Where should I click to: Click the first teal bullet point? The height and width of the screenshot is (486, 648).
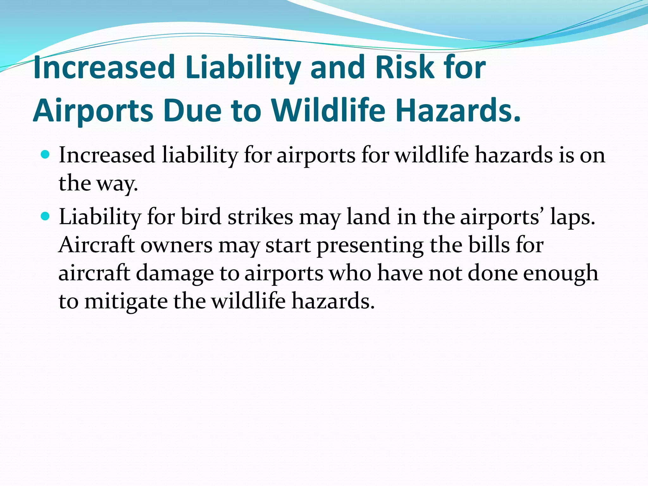pos(46,155)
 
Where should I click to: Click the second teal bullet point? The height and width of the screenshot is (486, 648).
pos(46,216)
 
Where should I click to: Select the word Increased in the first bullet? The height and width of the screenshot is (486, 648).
pos(107,155)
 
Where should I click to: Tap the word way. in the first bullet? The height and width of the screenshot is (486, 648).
pos(117,184)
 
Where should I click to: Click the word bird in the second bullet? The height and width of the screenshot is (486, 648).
pos(201,217)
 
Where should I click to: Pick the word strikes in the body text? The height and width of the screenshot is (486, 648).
pos(260,217)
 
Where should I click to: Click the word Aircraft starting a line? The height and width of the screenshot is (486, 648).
pos(97,245)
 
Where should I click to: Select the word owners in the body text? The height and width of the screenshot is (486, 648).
pos(176,246)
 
